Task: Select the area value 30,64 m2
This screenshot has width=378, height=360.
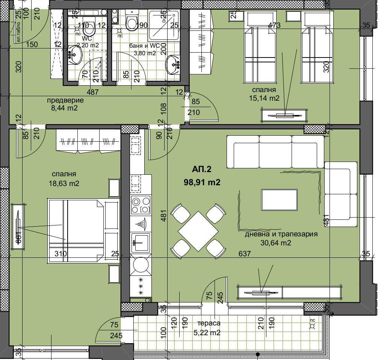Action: (276, 243)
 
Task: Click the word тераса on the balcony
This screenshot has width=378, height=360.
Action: (209, 323)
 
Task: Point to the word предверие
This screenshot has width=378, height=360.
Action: (65, 100)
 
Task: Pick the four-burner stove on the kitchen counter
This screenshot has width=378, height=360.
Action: (140, 205)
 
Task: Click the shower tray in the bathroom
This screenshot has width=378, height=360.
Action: (163, 26)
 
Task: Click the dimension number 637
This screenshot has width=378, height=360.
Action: (245, 254)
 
